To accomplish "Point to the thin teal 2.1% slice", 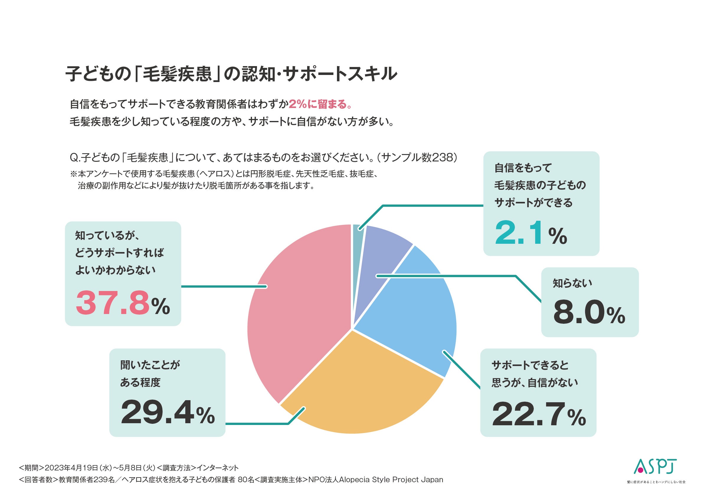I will point(358,235).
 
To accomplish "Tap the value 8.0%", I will point(589,313).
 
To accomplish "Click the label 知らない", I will point(572,283).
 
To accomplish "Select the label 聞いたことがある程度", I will point(150,374).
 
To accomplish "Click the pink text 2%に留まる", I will point(320,104).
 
